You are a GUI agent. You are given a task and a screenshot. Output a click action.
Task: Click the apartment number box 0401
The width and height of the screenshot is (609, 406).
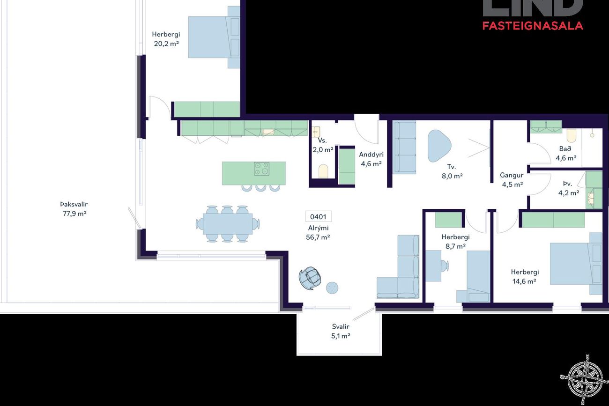click(x=319, y=216)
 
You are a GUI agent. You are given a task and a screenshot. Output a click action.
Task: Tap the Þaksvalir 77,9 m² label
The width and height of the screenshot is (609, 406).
click(x=74, y=209)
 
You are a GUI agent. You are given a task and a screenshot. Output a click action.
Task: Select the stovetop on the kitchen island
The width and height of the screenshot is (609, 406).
click(x=261, y=169)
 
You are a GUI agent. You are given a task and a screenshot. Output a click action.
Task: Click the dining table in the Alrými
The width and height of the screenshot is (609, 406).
click(x=228, y=224)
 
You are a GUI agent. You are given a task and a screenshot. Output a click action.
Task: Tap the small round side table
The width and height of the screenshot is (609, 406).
click(x=332, y=288)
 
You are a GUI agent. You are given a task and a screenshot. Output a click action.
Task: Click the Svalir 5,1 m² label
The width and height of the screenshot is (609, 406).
click(x=341, y=331)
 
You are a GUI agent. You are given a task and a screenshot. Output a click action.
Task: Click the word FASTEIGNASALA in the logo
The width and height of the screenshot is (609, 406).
click(x=533, y=26)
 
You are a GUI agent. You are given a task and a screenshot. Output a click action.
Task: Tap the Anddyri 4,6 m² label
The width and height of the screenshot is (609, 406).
click(x=371, y=159)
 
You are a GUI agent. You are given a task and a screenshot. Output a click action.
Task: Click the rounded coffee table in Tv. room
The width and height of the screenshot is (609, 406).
click(x=439, y=146)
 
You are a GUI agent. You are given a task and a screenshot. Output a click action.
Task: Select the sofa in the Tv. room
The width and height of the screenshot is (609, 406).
click(x=404, y=147)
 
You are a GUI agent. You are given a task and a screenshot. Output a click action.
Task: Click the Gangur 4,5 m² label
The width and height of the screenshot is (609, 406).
click(x=512, y=180)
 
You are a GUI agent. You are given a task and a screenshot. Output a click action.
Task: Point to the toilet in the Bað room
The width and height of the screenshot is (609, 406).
click(x=572, y=136)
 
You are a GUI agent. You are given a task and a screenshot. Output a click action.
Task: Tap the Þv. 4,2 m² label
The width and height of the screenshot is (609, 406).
click(x=569, y=188)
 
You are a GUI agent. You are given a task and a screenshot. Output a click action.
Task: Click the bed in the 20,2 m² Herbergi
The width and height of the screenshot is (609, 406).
click(x=214, y=37)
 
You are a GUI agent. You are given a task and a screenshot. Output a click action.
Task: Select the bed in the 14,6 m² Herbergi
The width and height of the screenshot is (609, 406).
click(x=576, y=264)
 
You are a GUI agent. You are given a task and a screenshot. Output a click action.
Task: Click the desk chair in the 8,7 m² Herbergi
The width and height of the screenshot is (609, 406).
click(x=444, y=265)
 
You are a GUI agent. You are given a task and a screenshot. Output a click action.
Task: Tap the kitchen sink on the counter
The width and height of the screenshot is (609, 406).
click(x=268, y=132)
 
